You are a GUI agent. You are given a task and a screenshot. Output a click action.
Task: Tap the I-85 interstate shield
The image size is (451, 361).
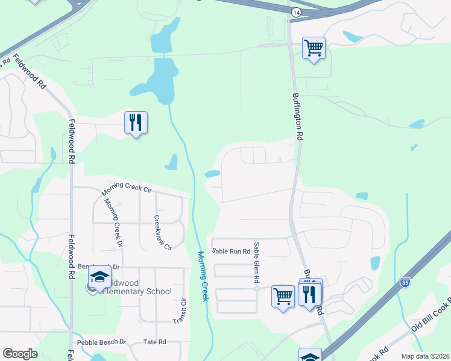tap(405, 281)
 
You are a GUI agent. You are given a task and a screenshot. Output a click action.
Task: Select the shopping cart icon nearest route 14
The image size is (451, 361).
tap(314, 48)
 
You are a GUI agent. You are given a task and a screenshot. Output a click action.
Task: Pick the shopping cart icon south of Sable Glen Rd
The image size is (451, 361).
tap(282, 295)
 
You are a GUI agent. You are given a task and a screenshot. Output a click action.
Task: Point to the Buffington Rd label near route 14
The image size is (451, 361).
tap(297, 117)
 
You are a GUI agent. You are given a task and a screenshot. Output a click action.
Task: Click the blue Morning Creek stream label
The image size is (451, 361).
tap(203, 276)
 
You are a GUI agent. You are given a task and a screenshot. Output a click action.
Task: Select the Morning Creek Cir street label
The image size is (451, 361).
tap(125, 188)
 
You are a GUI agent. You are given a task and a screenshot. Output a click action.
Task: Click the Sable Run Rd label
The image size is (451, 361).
tap(231, 251)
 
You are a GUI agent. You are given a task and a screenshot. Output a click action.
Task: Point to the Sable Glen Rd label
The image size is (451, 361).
tap(256, 262)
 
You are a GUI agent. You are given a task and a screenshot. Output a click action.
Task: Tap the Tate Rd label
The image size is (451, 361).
tap(154, 342)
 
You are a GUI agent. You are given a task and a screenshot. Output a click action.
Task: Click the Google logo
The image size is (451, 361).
tap(20, 354)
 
